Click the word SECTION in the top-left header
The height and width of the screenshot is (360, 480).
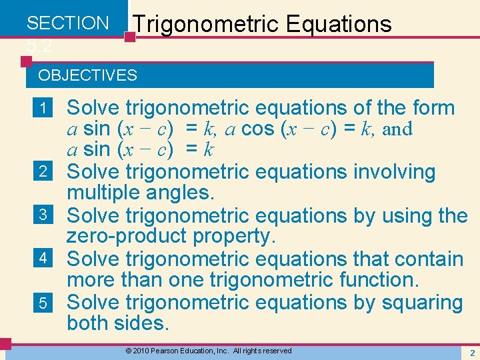click(67, 23)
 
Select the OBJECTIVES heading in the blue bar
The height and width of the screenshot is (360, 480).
click(88, 75)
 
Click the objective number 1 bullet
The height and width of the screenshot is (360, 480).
click(43, 107)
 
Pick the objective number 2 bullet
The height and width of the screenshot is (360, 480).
click(43, 172)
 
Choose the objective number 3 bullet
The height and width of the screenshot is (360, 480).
click(43, 215)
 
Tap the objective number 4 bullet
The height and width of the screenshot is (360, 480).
click(43, 259)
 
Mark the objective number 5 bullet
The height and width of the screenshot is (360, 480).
click(43, 303)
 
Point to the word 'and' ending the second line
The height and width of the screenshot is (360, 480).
click(397, 129)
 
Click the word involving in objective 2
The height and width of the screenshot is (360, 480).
click(393, 172)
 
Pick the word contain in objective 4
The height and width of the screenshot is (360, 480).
click(425, 259)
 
